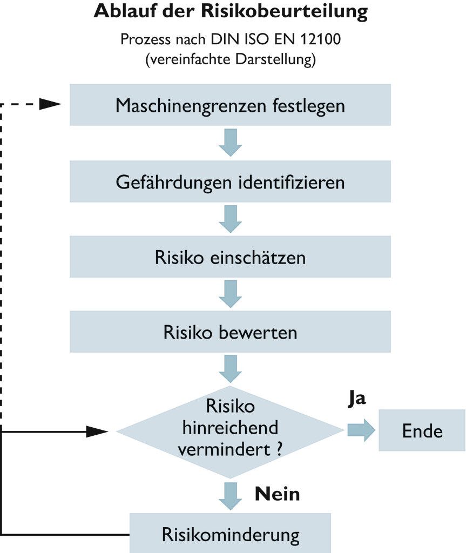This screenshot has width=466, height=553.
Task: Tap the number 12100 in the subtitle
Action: click(321, 40)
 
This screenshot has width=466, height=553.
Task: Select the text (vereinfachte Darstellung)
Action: click(230, 59)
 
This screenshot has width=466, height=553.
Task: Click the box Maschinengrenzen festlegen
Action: click(230, 105)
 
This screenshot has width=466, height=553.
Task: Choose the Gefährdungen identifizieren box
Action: click(230, 182)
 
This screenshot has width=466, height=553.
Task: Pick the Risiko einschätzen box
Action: click(230, 257)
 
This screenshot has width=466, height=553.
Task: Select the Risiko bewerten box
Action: click(230, 332)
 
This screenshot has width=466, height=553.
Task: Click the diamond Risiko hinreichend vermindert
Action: click(230, 430)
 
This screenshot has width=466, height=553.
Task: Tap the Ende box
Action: click(422, 430)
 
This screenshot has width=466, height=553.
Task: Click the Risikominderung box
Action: click(230, 535)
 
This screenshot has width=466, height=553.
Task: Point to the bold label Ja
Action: click(356, 399)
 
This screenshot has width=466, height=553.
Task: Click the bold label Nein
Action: click(277, 494)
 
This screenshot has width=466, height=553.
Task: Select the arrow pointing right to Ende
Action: click(361, 430)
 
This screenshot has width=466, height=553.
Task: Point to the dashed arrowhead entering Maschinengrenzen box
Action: click(51, 105)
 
